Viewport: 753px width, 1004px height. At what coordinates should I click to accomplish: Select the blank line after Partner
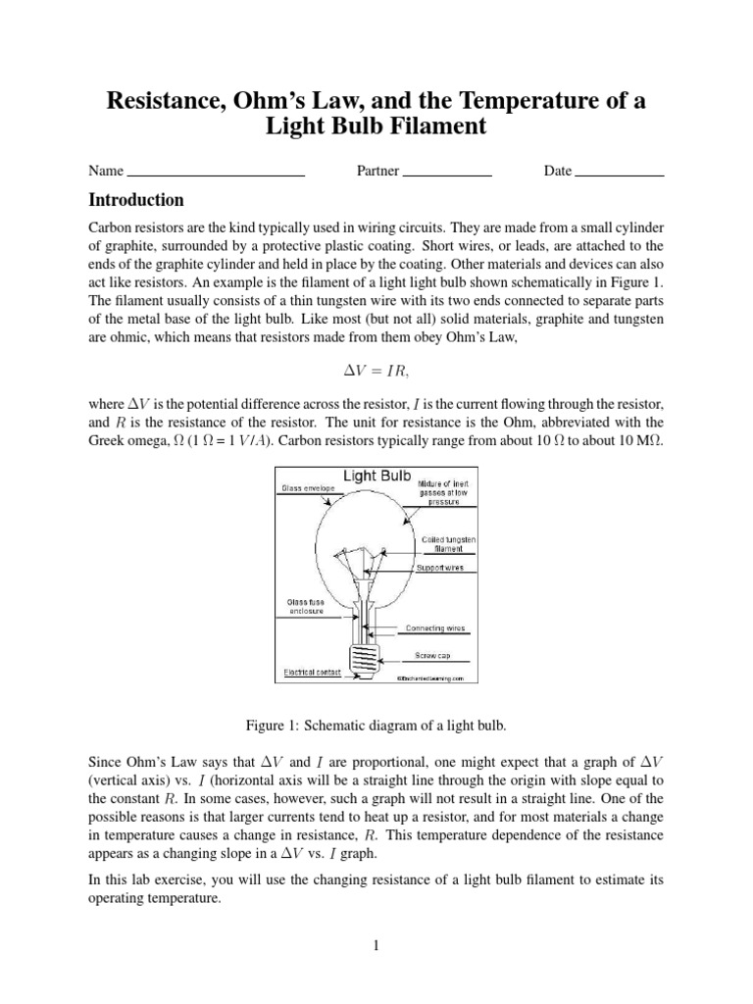click(447, 173)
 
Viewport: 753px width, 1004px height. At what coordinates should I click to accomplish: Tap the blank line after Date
click(620, 173)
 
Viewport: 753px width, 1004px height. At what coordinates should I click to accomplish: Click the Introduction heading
click(136, 201)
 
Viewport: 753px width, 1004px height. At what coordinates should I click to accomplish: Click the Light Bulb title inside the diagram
click(376, 477)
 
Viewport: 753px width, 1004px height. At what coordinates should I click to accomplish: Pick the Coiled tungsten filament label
click(449, 544)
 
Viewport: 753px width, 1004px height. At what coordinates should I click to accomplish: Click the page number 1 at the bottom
click(376, 946)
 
